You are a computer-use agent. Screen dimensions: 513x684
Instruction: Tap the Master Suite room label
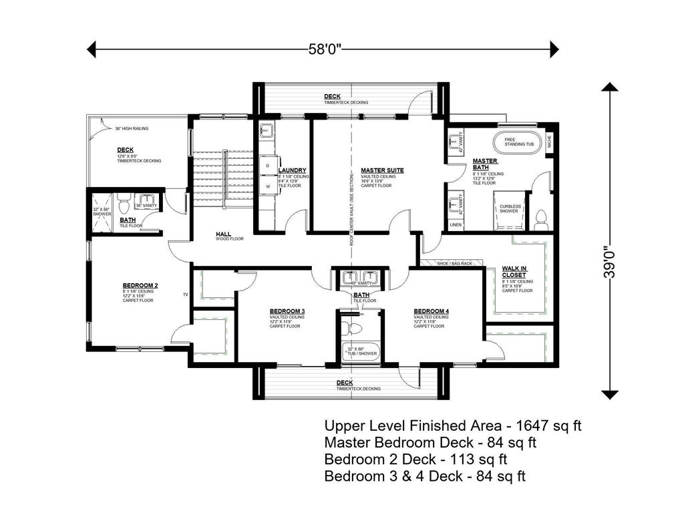tap(381, 170)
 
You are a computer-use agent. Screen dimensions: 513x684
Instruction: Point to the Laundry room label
tap(293, 170)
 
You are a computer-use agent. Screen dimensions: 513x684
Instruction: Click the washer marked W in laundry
tap(268, 186)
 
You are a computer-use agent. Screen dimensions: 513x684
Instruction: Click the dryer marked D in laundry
tap(268, 165)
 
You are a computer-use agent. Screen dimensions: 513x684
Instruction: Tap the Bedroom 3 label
tap(287, 311)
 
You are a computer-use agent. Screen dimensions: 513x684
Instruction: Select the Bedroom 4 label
tap(431, 311)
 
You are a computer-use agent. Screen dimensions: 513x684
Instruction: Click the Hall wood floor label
tap(223, 234)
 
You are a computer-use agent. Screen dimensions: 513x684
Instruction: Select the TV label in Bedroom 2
tap(186, 294)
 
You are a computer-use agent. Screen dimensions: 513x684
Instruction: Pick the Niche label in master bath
tap(549, 142)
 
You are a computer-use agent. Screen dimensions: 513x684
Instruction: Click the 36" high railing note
tap(132, 128)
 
